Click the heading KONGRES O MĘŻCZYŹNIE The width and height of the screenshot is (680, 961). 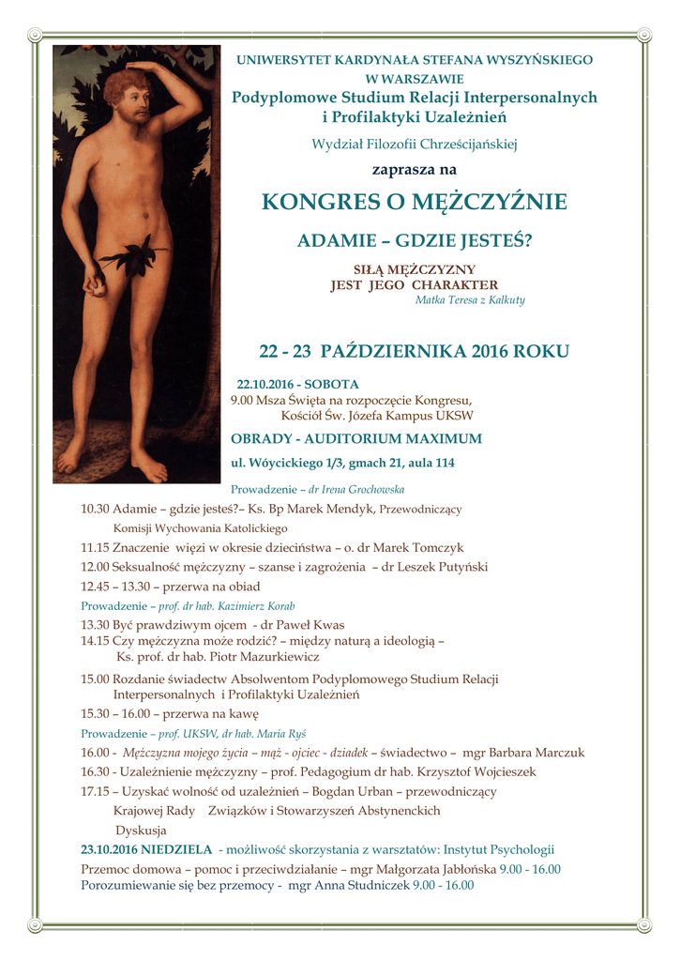(414, 202)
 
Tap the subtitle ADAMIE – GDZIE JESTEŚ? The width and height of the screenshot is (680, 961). (414, 240)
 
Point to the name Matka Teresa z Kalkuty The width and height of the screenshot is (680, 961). (470, 300)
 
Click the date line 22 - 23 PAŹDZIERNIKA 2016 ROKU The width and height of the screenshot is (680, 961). (414, 352)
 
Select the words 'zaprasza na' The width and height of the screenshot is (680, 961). (414, 170)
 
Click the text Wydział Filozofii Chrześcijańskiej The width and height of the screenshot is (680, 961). (414, 144)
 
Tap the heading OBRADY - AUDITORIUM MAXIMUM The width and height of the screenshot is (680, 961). (356, 438)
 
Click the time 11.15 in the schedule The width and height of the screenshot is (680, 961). (96, 547)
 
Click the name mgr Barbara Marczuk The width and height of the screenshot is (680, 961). (530, 753)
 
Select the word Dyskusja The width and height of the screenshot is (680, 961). (141, 831)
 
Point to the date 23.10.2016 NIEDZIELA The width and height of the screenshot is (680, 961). (146, 850)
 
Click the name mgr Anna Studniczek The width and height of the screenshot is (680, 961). (348, 884)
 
